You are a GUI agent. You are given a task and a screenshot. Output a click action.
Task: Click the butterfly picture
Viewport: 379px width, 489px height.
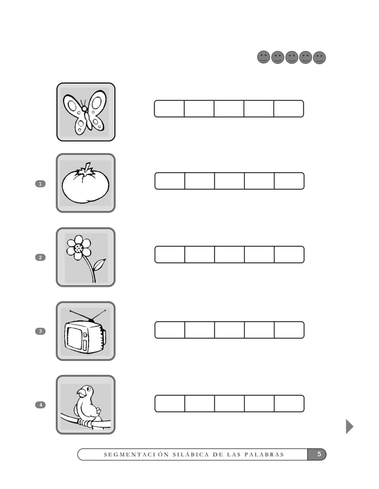click(86, 112)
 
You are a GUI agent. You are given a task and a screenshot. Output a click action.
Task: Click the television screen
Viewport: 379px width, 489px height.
click(75, 338)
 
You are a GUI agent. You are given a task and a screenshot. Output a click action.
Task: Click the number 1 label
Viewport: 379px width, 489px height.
click(40, 184)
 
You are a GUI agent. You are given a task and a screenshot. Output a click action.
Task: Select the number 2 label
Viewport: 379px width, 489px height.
click(40, 258)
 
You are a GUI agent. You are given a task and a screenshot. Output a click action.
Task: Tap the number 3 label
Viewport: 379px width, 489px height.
click(40, 331)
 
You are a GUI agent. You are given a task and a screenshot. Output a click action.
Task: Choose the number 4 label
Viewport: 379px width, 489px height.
click(40, 405)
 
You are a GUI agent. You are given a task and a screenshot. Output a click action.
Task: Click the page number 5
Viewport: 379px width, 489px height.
click(318, 455)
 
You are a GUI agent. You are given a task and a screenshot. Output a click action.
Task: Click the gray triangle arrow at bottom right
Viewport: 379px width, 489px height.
click(349, 426)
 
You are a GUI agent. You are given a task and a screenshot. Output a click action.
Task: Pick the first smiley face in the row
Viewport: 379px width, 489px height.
click(263, 58)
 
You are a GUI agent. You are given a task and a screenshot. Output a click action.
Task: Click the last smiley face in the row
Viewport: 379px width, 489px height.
click(320, 58)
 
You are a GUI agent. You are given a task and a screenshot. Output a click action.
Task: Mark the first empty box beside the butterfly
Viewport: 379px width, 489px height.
click(169, 109)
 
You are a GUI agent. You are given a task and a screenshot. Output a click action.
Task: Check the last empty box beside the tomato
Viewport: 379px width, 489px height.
click(289, 181)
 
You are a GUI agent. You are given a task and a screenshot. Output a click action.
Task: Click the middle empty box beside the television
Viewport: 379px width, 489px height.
click(229, 330)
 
